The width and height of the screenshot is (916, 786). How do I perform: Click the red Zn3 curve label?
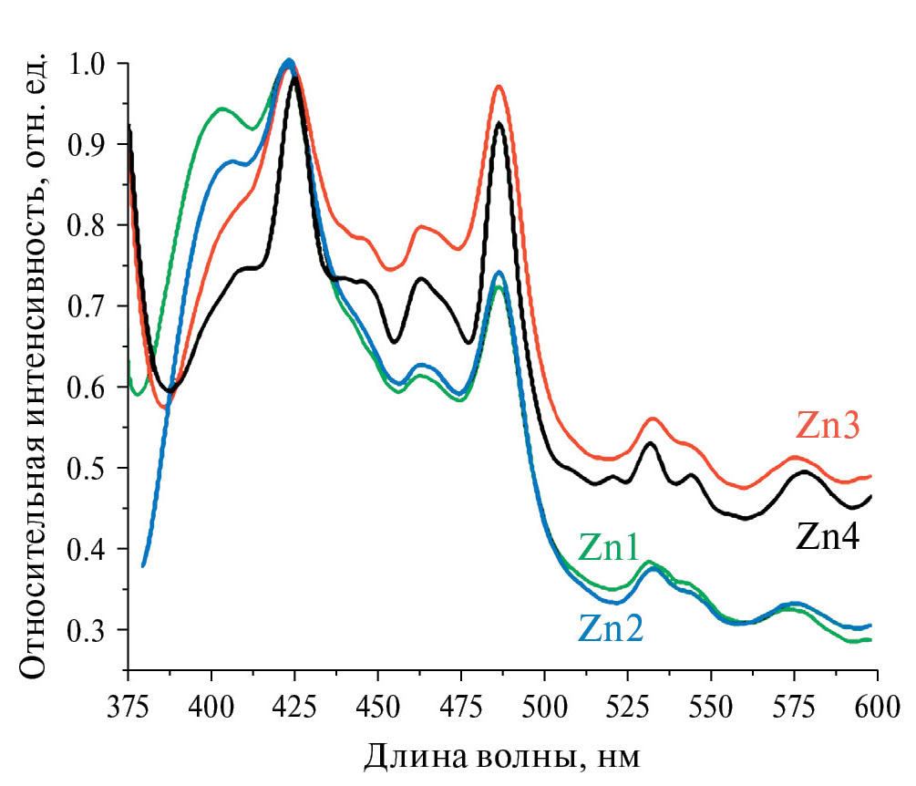(829, 427)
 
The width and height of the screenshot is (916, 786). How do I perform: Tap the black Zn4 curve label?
(829, 538)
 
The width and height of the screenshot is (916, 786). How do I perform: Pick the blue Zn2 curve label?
(610, 628)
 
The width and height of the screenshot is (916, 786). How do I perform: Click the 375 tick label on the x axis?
(129, 708)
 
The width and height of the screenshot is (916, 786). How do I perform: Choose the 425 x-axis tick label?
(295, 708)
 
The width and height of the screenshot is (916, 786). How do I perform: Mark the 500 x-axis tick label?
(544, 708)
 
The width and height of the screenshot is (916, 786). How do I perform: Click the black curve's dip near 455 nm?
(395, 342)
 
